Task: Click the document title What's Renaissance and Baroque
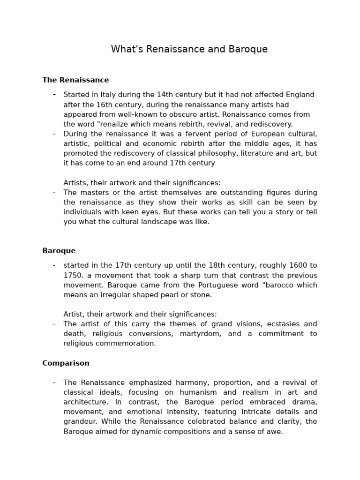click(x=189, y=49)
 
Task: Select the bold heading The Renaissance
click(x=75, y=80)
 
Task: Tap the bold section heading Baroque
click(x=59, y=251)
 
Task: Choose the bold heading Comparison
click(x=66, y=363)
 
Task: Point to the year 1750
click(x=73, y=276)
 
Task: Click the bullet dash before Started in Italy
click(x=54, y=95)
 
